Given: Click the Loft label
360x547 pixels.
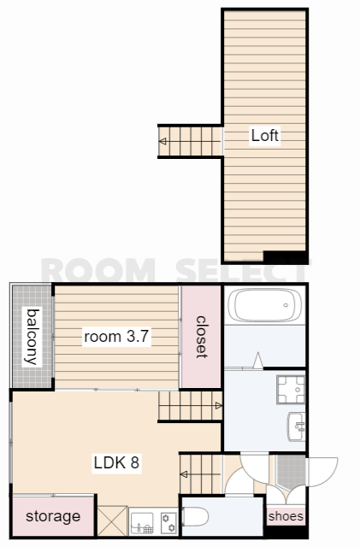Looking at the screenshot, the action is tap(265, 135).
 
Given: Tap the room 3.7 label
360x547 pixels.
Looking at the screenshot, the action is tap(116, 336).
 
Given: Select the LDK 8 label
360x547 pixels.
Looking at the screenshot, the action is tap(116, 462).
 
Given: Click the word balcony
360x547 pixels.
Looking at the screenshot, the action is tap(32, 337).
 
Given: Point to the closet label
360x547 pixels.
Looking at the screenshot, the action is tap(202, 337).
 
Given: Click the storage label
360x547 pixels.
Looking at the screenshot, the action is tap(53, 516).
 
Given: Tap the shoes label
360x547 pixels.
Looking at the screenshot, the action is tap(286, 516).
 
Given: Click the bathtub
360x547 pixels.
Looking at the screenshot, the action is tap(265, 305).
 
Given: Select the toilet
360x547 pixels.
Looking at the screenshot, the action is tap(195, 516).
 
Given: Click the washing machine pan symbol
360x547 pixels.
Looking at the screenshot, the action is tap(291, 390).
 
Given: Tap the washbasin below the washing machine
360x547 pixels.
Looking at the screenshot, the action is tap(297, 426).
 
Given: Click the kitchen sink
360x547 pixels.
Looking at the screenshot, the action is tap(142, 522).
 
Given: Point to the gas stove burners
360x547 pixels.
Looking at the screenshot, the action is tap(168, 522).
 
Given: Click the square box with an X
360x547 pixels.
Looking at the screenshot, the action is tap(112, 521).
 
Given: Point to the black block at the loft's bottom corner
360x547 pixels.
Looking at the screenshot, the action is tap(285, 256).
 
